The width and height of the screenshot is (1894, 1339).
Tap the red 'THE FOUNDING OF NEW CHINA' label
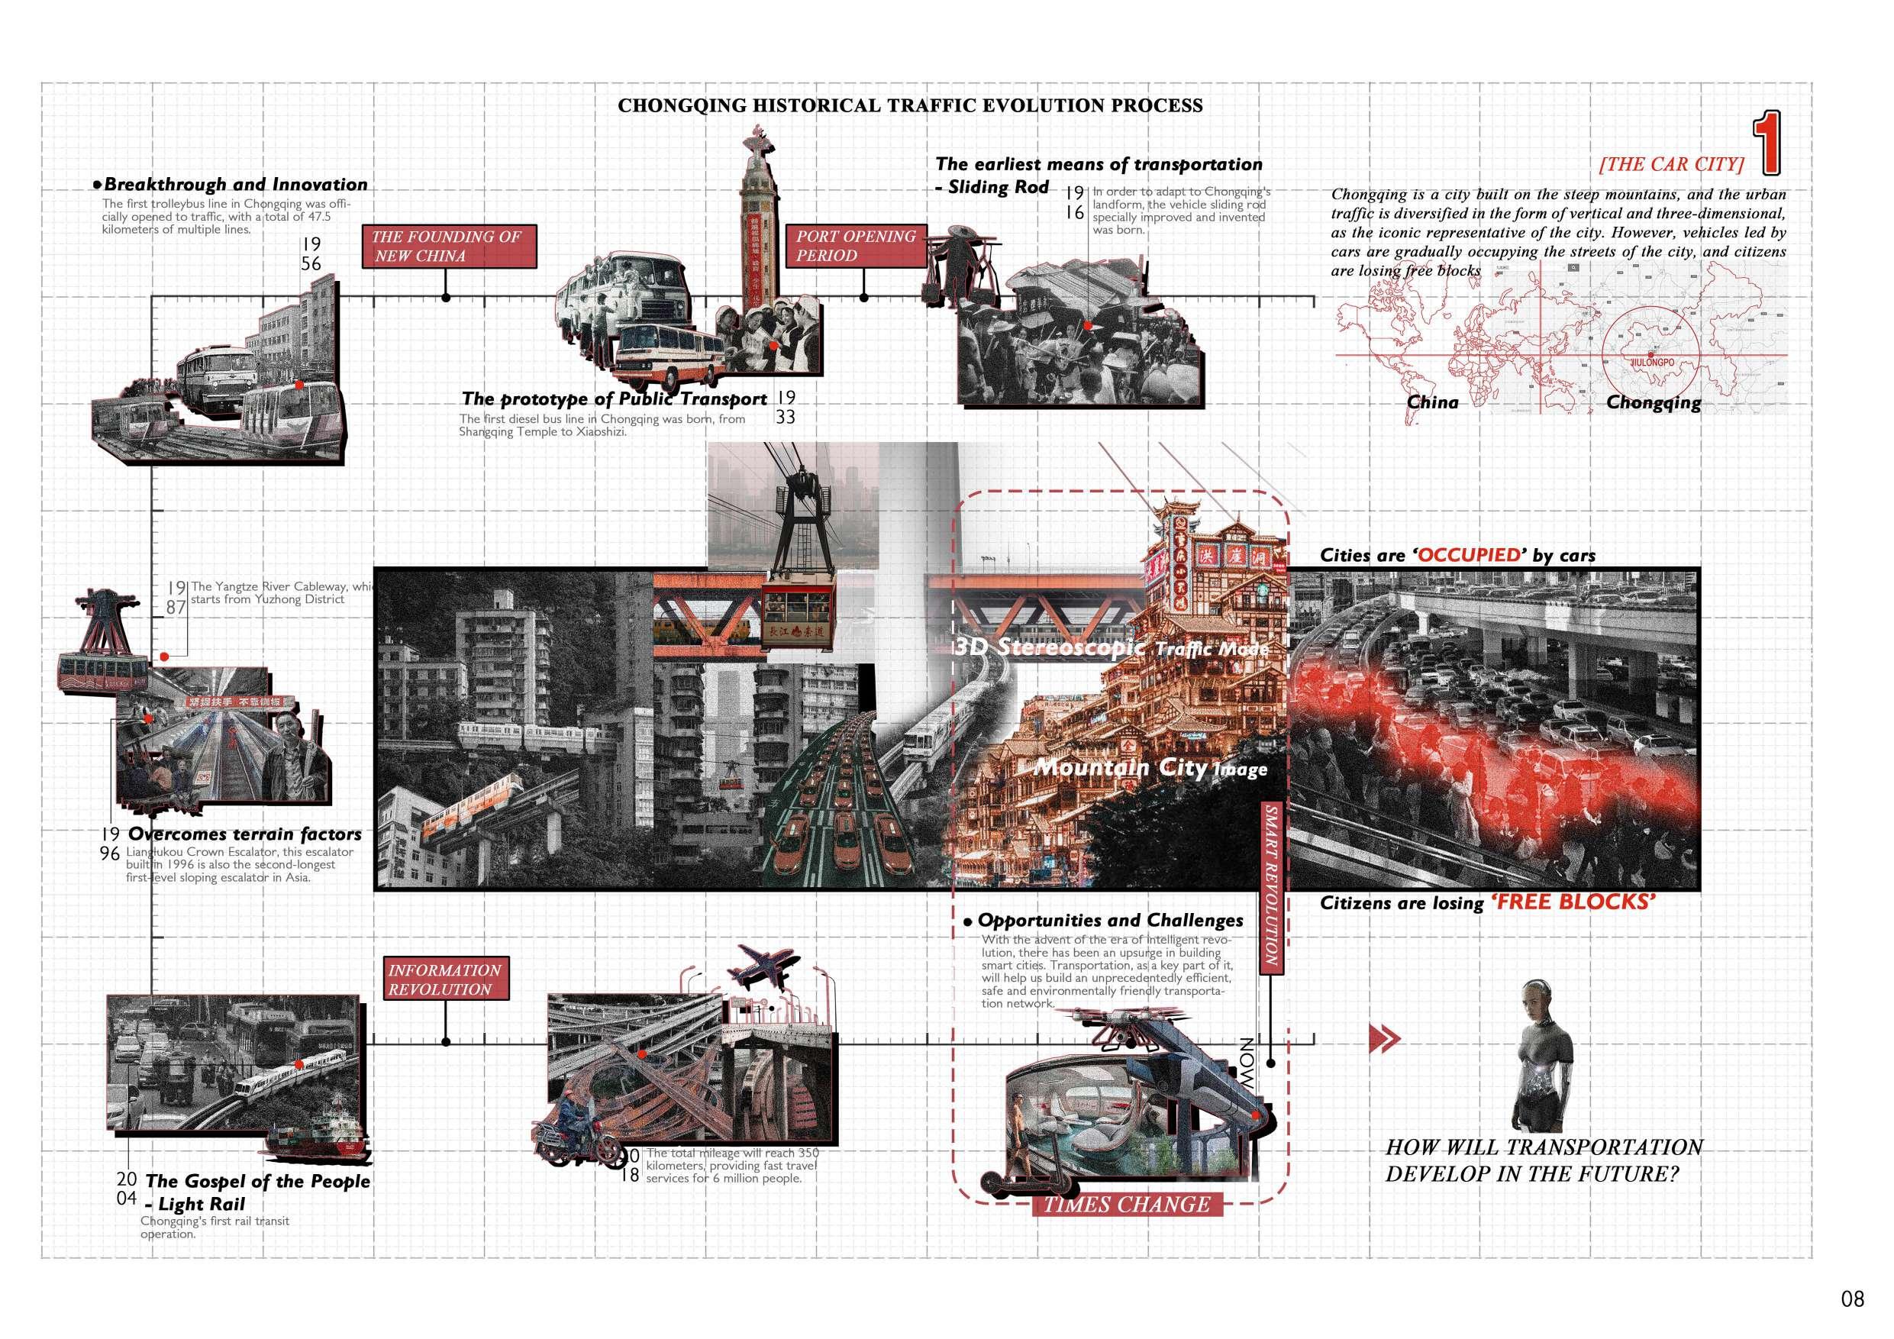tap(449, 246)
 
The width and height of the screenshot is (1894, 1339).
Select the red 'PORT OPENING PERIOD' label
tap(857, 246)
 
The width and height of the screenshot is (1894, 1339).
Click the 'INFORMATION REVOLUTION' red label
tap(446, 979)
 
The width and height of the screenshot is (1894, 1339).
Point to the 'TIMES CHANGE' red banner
tap(1127, 1205)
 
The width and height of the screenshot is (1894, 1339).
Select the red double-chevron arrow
tap(1383, 1039)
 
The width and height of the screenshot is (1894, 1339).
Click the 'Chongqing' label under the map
tap(1653, 402)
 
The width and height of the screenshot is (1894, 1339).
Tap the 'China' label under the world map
tap(1432, 402)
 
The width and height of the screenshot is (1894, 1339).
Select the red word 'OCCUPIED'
tap(1470, 555)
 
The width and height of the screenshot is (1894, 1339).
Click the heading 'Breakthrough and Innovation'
tap(236, 185)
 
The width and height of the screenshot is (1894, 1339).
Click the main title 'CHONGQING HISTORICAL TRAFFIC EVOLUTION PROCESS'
tap(910, 105)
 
